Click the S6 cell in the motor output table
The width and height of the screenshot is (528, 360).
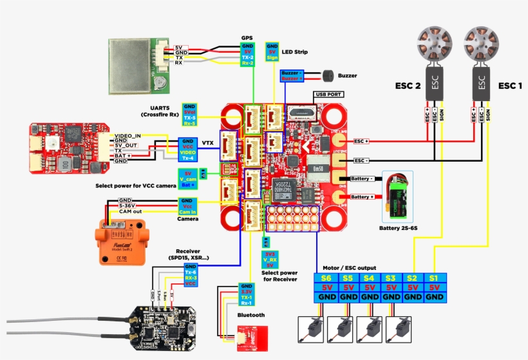click(x=326, y=278)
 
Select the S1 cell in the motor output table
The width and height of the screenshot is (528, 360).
click(x=435, y=278)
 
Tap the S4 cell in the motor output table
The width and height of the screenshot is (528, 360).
click(x=369, y=278)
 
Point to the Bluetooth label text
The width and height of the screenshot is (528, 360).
click(x=251, y=315)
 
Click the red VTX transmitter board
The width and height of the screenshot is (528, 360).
click(x=64, y=148)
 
